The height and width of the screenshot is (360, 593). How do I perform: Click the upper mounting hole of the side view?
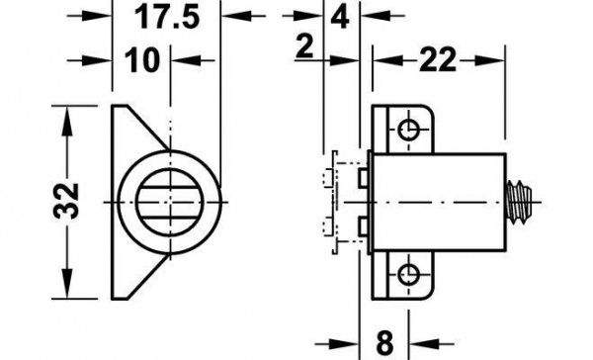point(407,130)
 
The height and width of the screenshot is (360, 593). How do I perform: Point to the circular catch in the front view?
point(163,195)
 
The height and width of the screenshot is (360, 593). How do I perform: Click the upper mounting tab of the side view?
point(405,130)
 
